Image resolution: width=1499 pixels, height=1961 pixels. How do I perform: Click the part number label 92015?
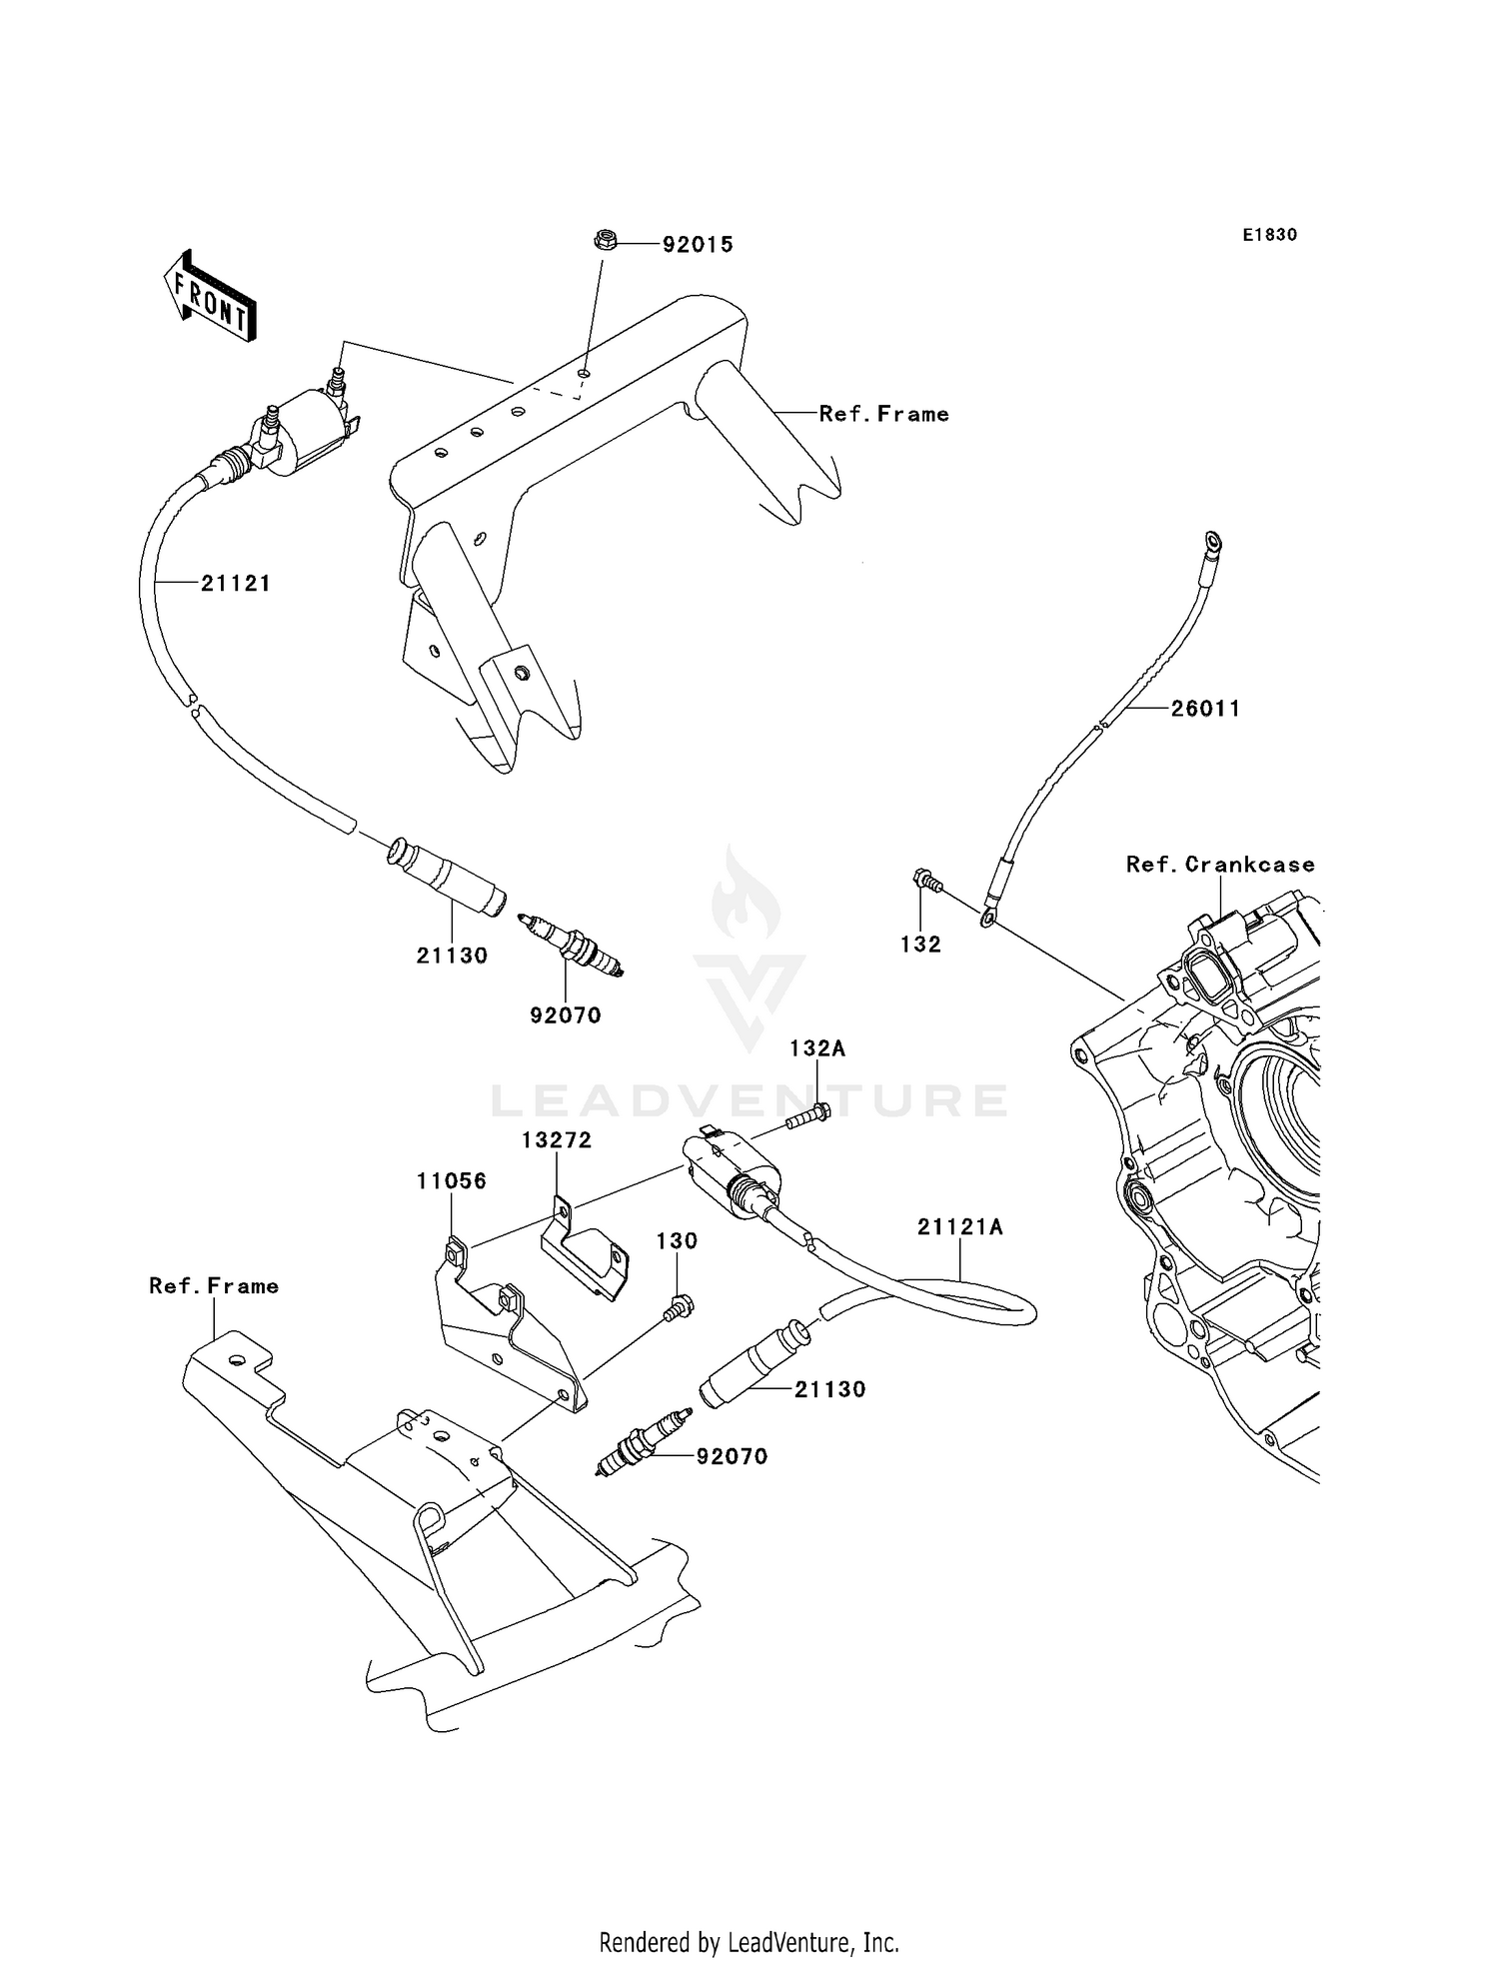(698, 245)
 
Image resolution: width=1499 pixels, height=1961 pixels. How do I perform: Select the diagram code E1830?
(1269, 235)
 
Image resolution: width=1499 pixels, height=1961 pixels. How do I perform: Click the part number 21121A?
(960, 1227)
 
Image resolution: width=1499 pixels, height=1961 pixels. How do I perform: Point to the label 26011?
(1205, 709)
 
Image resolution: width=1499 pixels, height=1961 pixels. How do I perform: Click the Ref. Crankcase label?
(1220, 865)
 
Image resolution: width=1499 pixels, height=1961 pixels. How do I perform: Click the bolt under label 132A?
(807, 1116)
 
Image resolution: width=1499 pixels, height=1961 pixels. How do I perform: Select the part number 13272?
(557, 1140)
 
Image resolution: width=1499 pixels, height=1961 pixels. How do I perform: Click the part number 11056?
(452, 1181)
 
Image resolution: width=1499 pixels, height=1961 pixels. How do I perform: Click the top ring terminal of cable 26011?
(1213, 543)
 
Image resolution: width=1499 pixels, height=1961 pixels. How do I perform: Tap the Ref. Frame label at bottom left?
(214, 1286)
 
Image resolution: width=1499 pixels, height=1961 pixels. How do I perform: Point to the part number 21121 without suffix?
(236, 584)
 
